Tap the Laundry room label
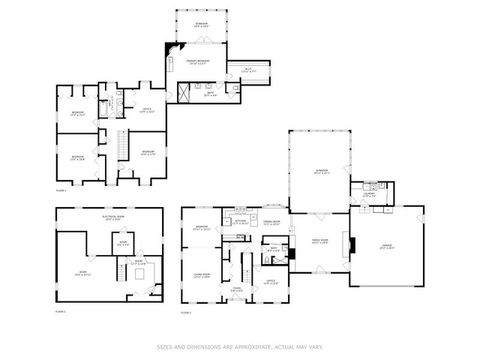tap(370, 195)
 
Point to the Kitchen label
tap(240, 221)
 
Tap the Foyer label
tap(237, 289)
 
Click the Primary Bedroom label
tap(195, 61)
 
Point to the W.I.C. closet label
tap(249, 69)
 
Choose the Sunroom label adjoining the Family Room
tap(321, 171)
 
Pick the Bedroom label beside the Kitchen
tap(201, 228)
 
